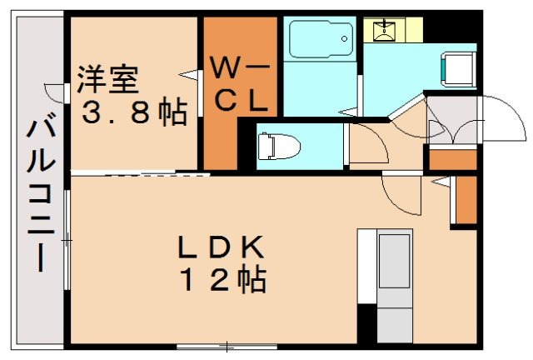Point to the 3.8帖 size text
pyautogui.click(x=133, y=112)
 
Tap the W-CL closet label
pyautogui.click(x=240, y=83)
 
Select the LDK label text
pyautogui.click(x=220, y=247)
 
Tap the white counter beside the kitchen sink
pyautogui.click(x=367, y=265)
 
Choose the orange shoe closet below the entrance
pyautogui.click(x=452, y=158)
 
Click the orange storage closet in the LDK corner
pyautogui.click(x=466, y=200)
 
